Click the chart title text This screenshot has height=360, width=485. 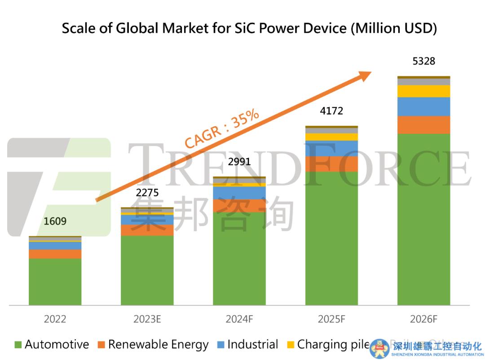coord(249,28)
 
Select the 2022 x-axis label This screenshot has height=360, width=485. coord(55,319)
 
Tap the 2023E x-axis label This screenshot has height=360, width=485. coord(147,319)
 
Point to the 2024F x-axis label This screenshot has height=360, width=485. coord(239,319)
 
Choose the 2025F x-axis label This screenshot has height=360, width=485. coord(331,319)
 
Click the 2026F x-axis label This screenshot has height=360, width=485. coord(423,319)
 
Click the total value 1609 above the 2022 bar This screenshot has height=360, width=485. coord(55,221)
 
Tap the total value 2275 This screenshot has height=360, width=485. coord(147,193)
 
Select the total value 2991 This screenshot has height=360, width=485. coord(239,162)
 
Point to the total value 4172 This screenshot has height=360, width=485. coord(331,110)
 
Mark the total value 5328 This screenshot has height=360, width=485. coord(423,61)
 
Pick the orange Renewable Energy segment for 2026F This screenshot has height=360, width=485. coord(423,125)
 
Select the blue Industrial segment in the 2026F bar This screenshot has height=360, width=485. coord(423,106)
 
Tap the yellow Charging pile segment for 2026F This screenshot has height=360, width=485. coord(423,91)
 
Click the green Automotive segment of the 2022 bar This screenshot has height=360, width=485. coord(55,281)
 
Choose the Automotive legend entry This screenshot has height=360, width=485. coord(52,345)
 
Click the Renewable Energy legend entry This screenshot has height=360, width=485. coord(153,345)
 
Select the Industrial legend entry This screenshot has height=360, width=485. coord(248,345)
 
